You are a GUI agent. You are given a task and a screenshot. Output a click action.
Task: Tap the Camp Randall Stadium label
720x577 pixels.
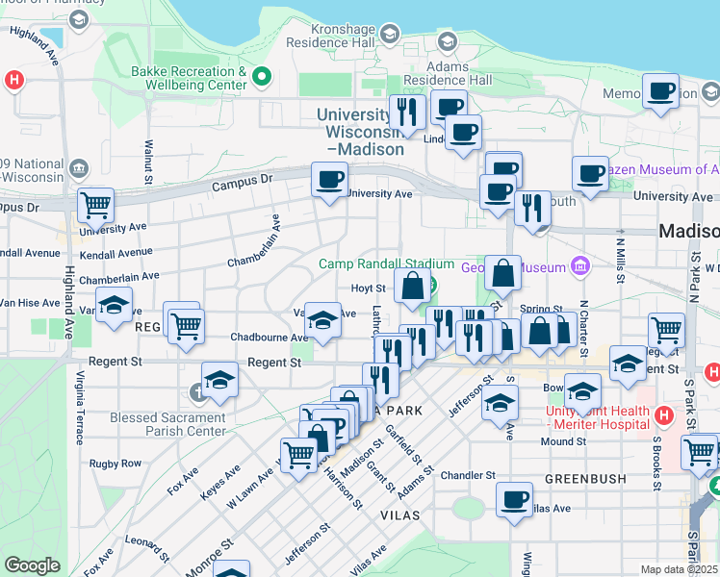(x=386, y=264)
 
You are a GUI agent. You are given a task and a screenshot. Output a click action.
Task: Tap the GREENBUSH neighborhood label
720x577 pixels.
(x=585, y=478)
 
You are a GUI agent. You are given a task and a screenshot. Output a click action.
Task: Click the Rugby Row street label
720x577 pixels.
(x=116, y=464)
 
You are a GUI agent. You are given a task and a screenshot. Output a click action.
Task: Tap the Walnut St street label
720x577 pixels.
(x=149, y=163)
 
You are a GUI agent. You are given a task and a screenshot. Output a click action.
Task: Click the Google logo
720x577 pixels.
(x=32, y=565)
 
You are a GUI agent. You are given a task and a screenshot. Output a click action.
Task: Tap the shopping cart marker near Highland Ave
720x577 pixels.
(x=96, y=203)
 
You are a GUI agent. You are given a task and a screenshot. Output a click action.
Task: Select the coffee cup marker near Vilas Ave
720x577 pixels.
(x=514, y=499)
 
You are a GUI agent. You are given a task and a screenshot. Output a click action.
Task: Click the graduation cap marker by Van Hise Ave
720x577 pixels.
(x=115, y=306)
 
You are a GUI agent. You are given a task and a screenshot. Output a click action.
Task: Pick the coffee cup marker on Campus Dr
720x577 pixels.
(x=329, y=179)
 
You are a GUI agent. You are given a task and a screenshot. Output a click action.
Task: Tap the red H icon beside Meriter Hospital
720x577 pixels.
(x=662, y=415)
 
